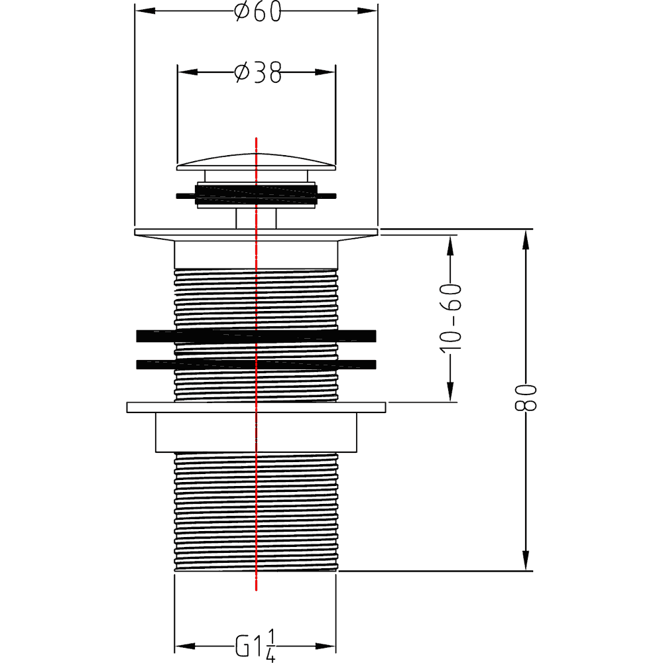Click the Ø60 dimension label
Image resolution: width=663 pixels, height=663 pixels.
[257, 11]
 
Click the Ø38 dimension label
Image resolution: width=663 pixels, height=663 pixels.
[257, 73]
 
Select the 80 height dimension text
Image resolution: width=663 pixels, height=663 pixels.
[526, 397]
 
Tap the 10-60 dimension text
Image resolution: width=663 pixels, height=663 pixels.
[450, 318]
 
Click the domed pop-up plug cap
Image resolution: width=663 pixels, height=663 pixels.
[256, 162]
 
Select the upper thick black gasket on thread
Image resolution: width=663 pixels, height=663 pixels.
[256, 335]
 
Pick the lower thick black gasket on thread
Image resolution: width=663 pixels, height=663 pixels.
[256, 364]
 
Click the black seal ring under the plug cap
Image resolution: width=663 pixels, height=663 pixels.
[256, 195]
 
